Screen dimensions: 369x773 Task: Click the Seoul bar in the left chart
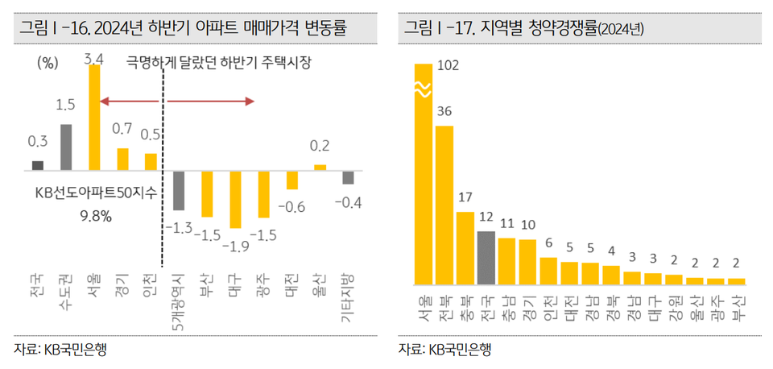tap(94, 118)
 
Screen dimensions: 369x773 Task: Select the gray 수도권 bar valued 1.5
tap(66, 147)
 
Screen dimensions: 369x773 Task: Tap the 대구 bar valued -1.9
tap(235, 199)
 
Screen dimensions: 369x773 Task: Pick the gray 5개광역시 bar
tap(179, 191)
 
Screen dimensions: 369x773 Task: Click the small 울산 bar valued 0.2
tap(320, 167)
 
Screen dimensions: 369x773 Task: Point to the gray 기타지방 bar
tap(348, 178)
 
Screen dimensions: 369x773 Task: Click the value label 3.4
tap(93, 58)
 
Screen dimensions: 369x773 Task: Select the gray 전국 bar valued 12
tap(486, 258)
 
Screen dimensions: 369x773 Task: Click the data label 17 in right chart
tap(465, 197)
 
